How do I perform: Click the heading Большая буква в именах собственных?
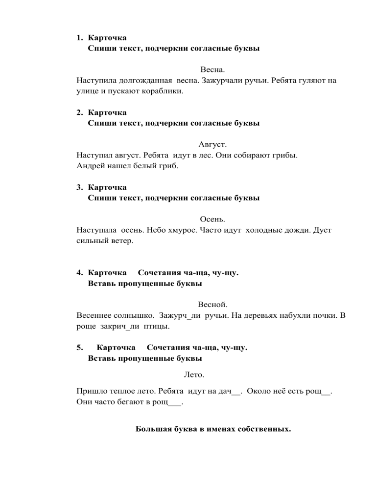pos(212,430)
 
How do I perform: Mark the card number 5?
pos(79,348)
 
